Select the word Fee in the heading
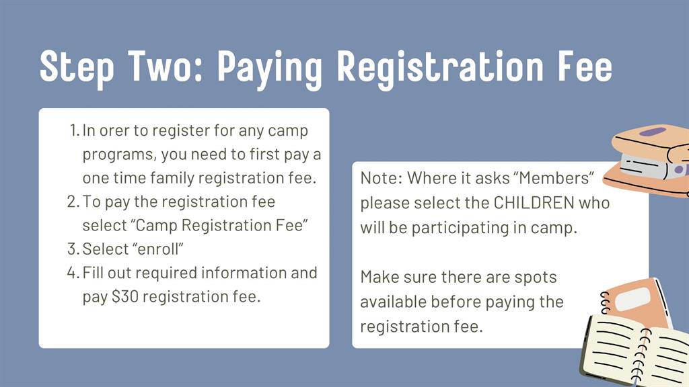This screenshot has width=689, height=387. click(585, 67)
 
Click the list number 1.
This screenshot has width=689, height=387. click(74, 130)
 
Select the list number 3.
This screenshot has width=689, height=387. click(73, 249)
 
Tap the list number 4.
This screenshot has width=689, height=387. click(73, 273)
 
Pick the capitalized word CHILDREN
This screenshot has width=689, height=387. click(534, 203)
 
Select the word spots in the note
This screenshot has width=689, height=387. click(535, 277)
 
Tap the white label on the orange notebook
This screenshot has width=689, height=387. click(632, 299)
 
